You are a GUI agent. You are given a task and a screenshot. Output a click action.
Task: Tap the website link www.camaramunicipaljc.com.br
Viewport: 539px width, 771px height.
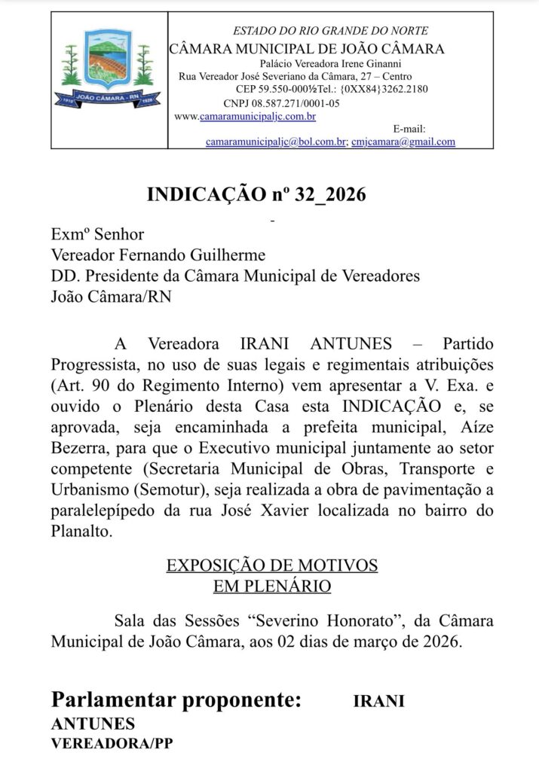pos(245,116)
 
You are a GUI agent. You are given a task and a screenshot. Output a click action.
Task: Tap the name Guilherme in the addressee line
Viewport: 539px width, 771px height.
pos(228,255)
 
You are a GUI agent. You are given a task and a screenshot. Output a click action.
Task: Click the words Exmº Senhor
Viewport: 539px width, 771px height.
pos(97,235)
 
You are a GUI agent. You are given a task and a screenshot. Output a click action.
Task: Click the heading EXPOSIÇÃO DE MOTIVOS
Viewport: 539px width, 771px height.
pos(271,565)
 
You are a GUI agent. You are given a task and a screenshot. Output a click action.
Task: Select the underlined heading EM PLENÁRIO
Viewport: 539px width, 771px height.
pos(271,584)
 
